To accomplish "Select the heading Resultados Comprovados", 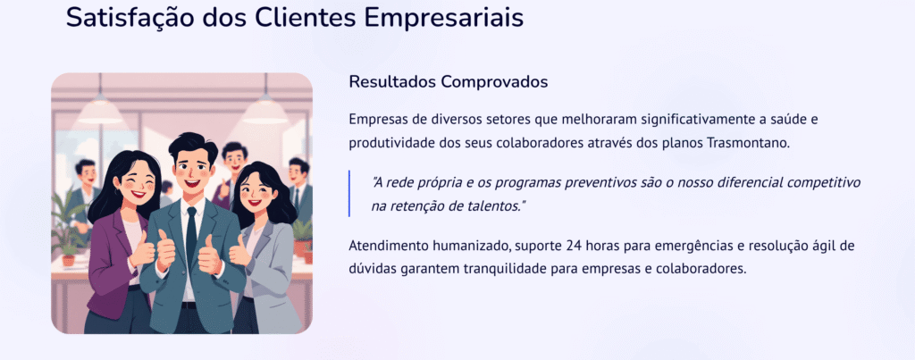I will [x=448, y=81].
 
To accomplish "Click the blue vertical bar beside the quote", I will [x=349, y=194].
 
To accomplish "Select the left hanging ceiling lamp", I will [x=100, y=109].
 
